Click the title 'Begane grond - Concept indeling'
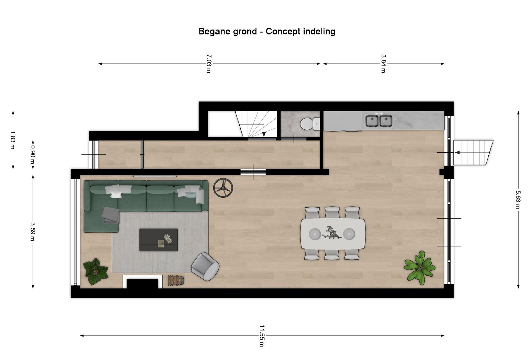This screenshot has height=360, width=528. pos(267,31)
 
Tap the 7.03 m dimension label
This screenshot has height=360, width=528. pos(209,63)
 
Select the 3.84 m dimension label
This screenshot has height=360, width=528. pos(383,63)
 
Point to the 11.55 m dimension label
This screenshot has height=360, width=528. pos(262,336)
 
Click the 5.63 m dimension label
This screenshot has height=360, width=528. pos(518,200)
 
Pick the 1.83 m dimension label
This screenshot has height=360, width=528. pos(12,140)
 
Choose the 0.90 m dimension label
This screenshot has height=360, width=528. pos(33,155)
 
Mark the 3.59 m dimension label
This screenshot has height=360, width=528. pos(33,232)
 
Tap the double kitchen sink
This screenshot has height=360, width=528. pos(379,121)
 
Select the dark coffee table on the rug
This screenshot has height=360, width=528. pos(159,240)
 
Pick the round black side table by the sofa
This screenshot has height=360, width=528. pos(223,188)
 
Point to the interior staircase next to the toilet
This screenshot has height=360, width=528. pos(256,124)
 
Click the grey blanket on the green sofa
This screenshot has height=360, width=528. pos(111,215)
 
